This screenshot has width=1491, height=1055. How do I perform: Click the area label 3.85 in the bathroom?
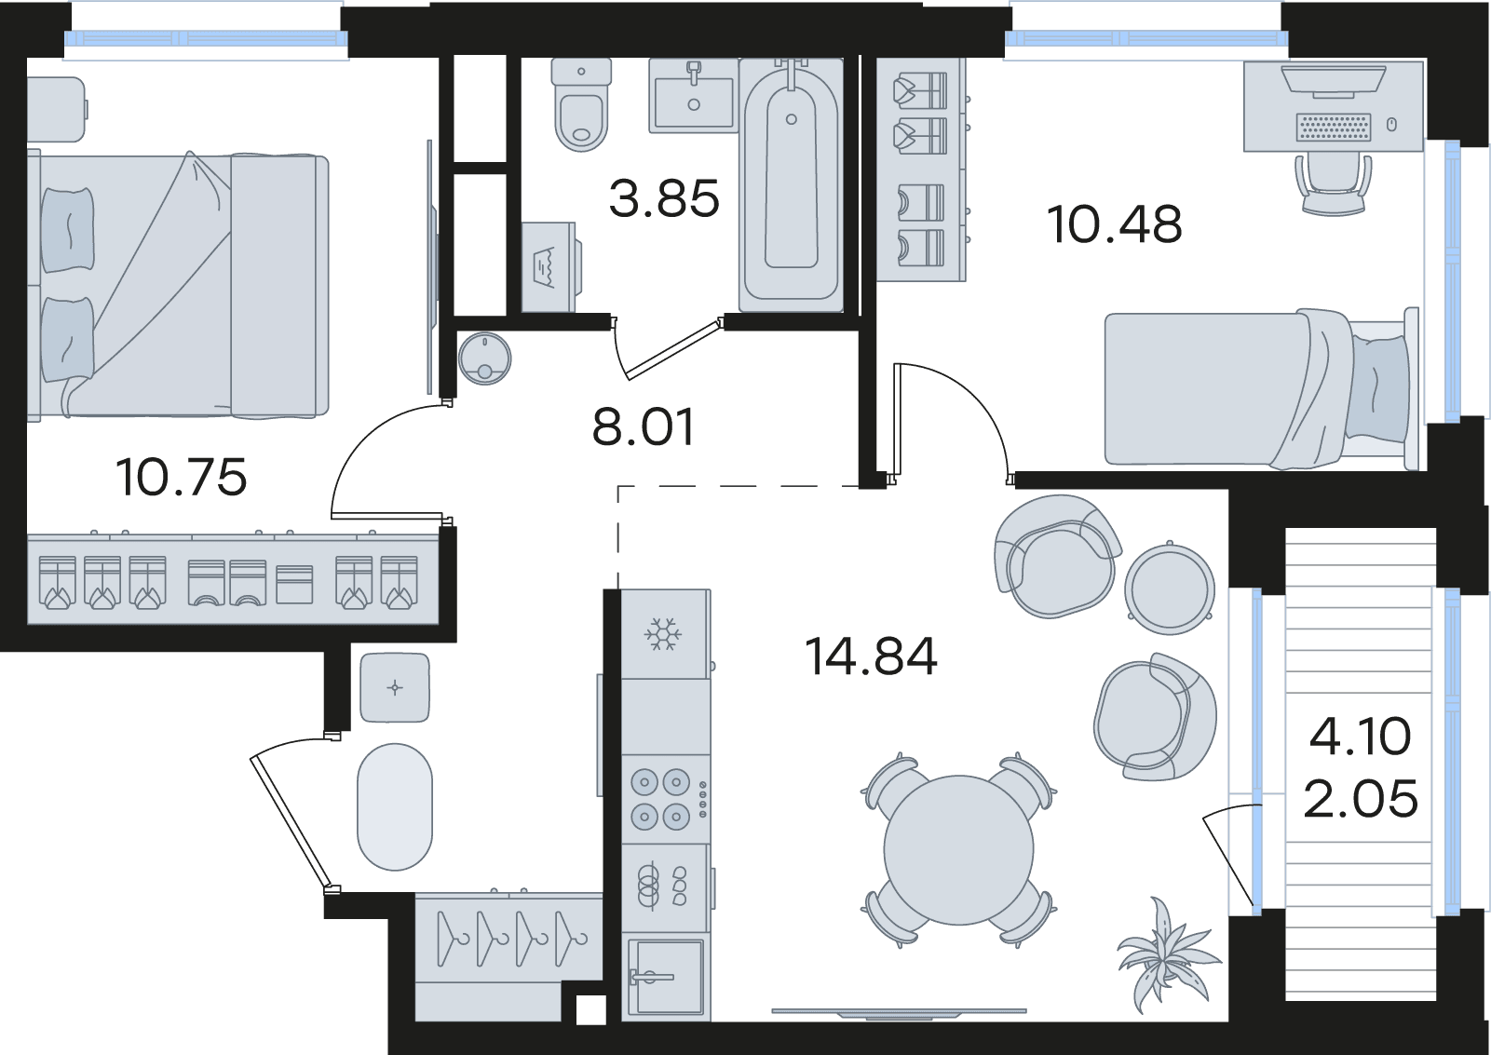[664, 198]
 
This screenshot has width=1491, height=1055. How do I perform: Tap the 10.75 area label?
[181, 478]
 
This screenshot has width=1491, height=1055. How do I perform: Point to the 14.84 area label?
[872, 656]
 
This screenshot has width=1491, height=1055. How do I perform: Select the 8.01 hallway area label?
[644, 426]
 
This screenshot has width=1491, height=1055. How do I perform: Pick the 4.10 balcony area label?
[1360, 737]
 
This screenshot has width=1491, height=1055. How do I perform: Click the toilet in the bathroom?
[581, 104]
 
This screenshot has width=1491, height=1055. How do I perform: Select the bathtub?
[791, 185]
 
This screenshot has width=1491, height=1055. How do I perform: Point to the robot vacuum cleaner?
[484, 358]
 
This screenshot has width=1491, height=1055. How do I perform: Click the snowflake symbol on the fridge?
[662, 634]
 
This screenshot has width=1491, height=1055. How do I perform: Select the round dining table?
[958, 850]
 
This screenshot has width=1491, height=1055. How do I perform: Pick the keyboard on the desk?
[1334, 127]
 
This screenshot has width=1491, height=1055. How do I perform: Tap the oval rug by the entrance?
[395, 806]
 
